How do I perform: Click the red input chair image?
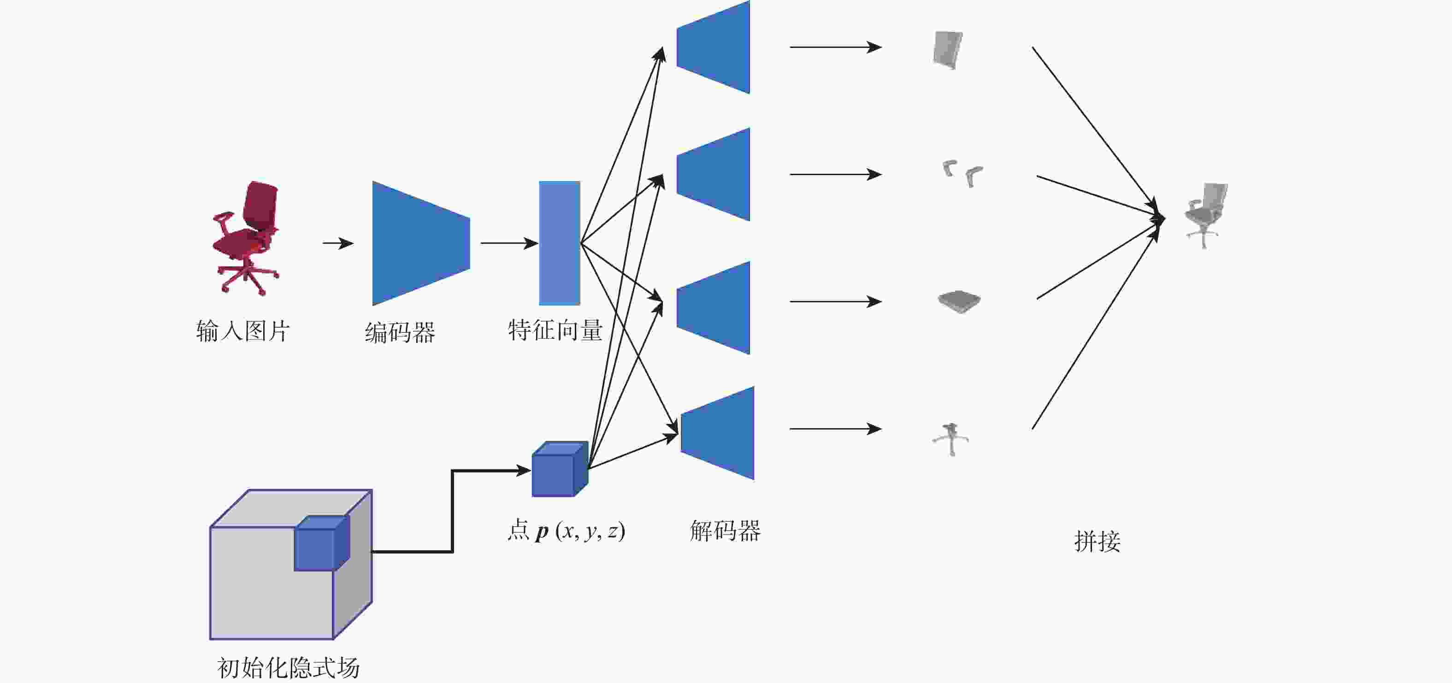[246, 238]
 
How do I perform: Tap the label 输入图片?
[243, 331]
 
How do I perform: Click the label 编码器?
[400, 332]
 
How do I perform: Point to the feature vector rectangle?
[559, 243]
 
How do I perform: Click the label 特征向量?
[555, 330]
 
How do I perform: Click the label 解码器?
[725, 531]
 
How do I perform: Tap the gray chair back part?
[948, 50]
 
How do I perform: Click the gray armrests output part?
[963, 173]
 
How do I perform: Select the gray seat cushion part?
[959, 301]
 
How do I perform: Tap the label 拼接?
[1097, 541]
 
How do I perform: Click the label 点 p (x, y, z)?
[566, 531]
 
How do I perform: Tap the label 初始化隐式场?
[288, 668]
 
